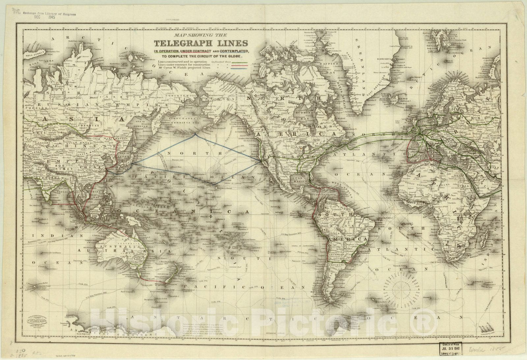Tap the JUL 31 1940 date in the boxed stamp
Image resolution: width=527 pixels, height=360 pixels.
[x=451, y=348]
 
